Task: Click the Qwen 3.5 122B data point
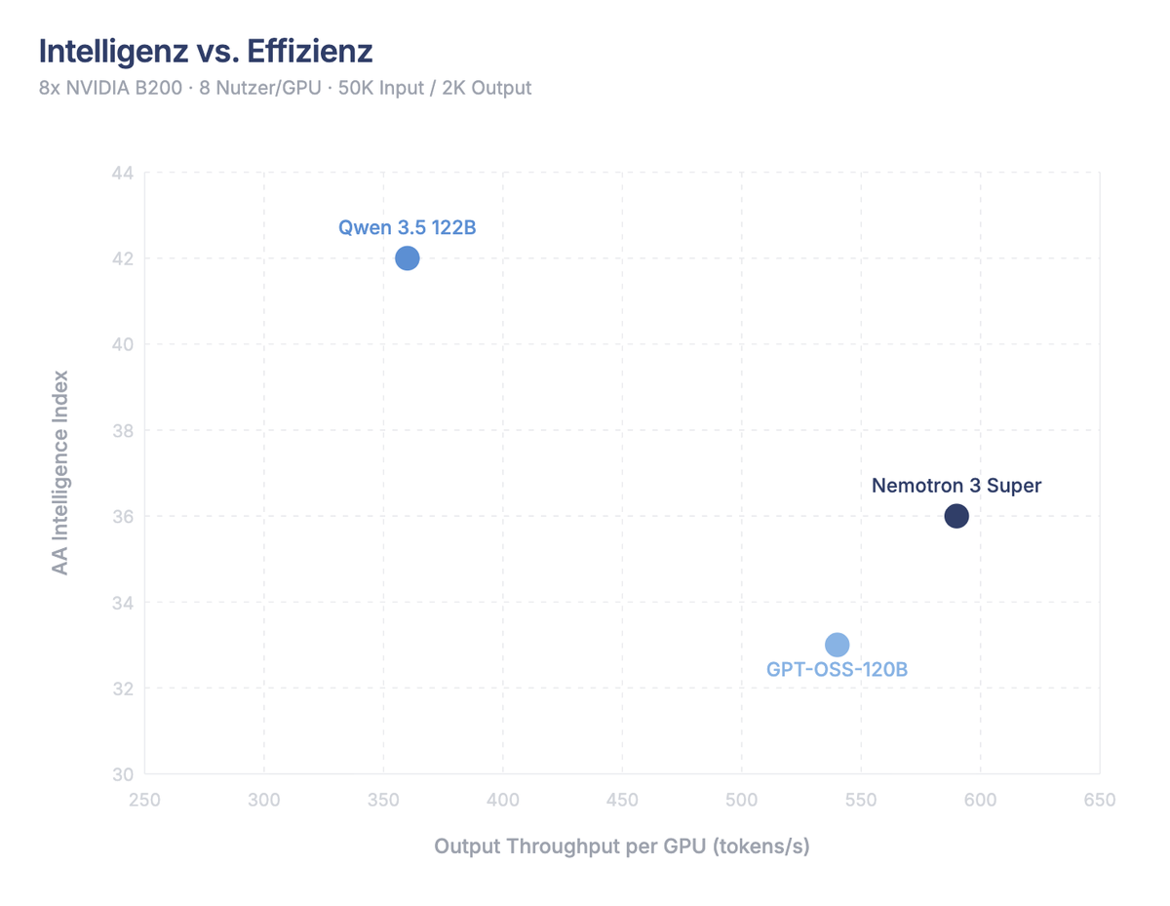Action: tap(408, 258)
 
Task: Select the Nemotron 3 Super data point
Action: tap(956, 516)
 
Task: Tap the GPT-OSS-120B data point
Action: tap(837, 645)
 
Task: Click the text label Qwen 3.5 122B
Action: tap(408, 228)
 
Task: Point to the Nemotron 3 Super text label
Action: tap(956, 486)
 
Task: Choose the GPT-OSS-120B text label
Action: tap(837, 671)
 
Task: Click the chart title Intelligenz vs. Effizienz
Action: tap(206, 51)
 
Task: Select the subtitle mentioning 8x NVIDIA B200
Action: tap(286, 88)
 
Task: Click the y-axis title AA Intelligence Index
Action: tap(60, 472)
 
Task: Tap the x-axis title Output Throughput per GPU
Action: tap(622, 847)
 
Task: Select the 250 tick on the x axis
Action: tap(145, 801)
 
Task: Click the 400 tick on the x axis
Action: tap(503, 801)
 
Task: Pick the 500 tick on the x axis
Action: tap(742, 801)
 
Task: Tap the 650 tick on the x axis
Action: tap(1100, 801)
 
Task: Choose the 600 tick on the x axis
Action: tap(980, 801)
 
